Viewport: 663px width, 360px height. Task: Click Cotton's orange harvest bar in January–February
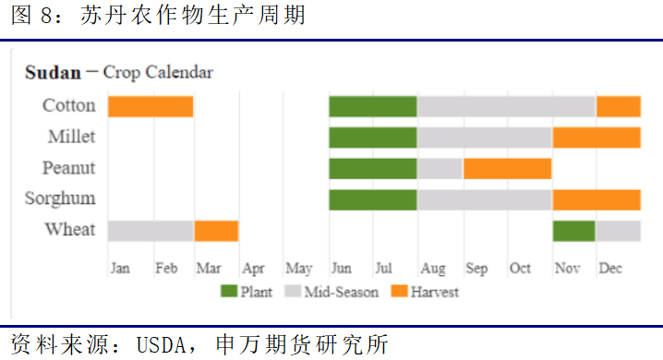point(151,106)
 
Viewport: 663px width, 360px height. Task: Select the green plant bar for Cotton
point(372,106)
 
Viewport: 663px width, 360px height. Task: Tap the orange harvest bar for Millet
point(597,138)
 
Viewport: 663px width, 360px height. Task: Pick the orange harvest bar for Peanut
point(507,168)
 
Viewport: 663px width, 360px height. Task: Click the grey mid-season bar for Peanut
point(440,168)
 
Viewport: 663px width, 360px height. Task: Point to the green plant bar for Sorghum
point(372,199)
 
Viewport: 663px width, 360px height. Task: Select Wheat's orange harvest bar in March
point(216,231)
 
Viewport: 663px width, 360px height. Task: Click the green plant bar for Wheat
point(573,231)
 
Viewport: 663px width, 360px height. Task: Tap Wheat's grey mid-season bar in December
point(618,231)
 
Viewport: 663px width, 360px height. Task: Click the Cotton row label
point(69,105)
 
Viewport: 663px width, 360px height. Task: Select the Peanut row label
point(69,168)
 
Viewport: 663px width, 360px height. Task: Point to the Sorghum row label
point(61,198)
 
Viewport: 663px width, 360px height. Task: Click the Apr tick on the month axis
point(253,269)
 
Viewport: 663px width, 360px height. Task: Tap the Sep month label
point(476,269)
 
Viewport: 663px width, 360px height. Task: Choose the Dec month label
point(610,269)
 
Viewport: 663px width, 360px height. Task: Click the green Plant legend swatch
point(229,293)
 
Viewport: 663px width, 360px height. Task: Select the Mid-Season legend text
point(342,293)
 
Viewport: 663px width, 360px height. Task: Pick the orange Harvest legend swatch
point(398,293)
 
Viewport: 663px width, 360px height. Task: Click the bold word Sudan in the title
point(53,72)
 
